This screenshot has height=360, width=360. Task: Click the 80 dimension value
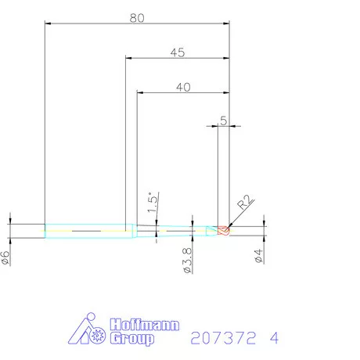tap(138, 18)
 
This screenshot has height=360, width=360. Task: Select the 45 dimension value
tap(177, 52)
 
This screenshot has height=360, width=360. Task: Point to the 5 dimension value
tap(224, 121)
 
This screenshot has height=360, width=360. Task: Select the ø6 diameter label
tap(5, 257)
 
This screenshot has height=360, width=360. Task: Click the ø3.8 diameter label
tap(187, 260)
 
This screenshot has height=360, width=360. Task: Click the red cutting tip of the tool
tap(224, 230)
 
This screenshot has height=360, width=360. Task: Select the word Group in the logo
tap(132, 339)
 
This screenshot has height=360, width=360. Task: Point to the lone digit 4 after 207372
tap(273, 338)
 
